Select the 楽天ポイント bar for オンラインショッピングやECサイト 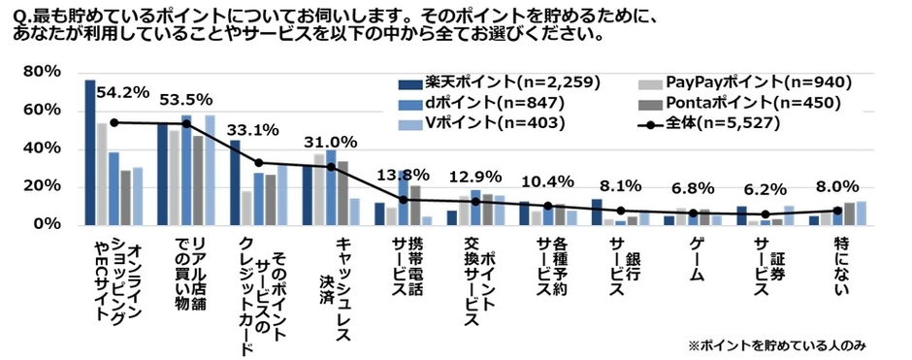90,151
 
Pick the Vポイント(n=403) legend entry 487,123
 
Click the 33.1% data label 253,128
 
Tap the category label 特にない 840,256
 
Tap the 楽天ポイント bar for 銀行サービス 597,212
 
